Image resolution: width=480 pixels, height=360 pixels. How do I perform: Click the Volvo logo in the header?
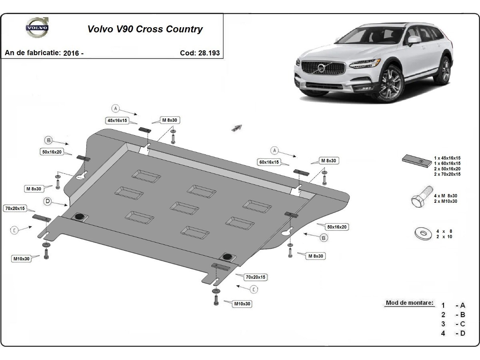37,28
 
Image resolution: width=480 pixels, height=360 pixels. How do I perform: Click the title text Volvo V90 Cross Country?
145,29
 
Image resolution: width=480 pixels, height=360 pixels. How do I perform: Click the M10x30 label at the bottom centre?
242,304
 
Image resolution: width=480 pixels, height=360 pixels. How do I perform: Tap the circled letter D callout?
48,202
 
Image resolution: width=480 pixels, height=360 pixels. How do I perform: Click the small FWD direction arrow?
236,128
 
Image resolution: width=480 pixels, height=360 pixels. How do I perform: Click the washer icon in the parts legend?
423,234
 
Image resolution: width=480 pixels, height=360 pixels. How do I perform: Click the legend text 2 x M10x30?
446,202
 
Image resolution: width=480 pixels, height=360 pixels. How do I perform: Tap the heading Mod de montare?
409,303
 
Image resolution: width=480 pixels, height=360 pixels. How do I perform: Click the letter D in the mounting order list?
463,333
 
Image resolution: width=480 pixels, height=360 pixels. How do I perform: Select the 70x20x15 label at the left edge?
15,208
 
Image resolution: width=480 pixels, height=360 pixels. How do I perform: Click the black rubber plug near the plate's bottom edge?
228,256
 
